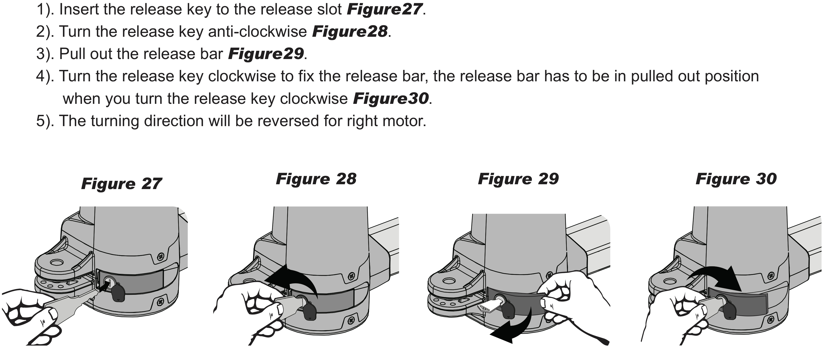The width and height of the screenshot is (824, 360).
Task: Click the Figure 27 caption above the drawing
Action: point(121,184)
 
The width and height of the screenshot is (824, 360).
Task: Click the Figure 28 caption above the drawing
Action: point(316,179)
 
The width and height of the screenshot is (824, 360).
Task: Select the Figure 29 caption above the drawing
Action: point(518,179)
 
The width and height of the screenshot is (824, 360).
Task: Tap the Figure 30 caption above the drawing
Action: point(736,179)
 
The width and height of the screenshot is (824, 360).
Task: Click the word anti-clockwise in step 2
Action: point(257,31)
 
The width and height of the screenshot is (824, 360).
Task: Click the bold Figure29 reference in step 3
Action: point(266,54)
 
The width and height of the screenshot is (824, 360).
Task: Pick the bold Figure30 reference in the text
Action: point(391,99)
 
